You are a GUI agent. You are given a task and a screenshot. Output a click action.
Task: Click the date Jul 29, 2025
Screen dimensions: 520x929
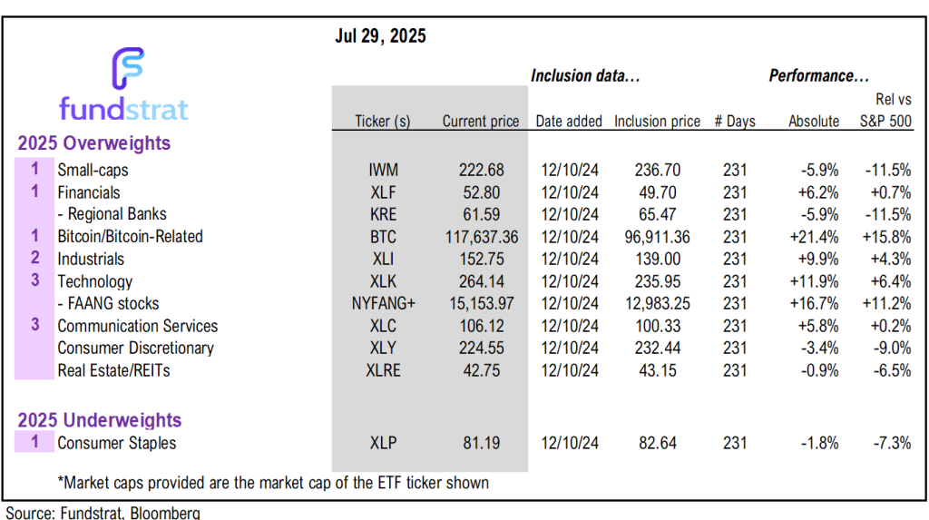pyautogui.click(x=381, y=37)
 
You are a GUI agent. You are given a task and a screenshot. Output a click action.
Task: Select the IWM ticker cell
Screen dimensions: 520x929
pyautogui.click(x=384, y=170)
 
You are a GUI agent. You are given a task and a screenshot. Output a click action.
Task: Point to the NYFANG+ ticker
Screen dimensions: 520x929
pyautogui.click(x=384, y=304)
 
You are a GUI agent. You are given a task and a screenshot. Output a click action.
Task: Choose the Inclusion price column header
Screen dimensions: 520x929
pyautogui.click(x=657, y=122)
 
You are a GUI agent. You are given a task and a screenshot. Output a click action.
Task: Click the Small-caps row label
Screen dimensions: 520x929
pyautogui.click(x=93, y=170)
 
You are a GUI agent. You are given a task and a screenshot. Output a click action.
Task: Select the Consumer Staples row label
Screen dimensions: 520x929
pyautogui.click(x=116, y=444)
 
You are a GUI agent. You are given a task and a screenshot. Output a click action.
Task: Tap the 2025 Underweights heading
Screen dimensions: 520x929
pyautogui.click(x=101, y=421)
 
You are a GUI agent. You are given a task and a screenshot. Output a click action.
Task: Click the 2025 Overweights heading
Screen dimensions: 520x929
pyautogui.click(x=95, y=143)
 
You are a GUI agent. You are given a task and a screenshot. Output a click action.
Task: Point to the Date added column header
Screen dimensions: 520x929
pyautogui.click(x=569, y=122)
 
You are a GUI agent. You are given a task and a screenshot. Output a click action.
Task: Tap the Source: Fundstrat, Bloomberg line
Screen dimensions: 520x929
pyautogui.click(x=103, y=513)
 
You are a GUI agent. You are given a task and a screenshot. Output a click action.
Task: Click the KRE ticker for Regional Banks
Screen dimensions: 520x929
pyautogui.click(x=384, y=214)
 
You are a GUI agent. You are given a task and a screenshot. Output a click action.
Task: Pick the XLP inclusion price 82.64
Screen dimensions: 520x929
pyautogui.click(x=657, y=444)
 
